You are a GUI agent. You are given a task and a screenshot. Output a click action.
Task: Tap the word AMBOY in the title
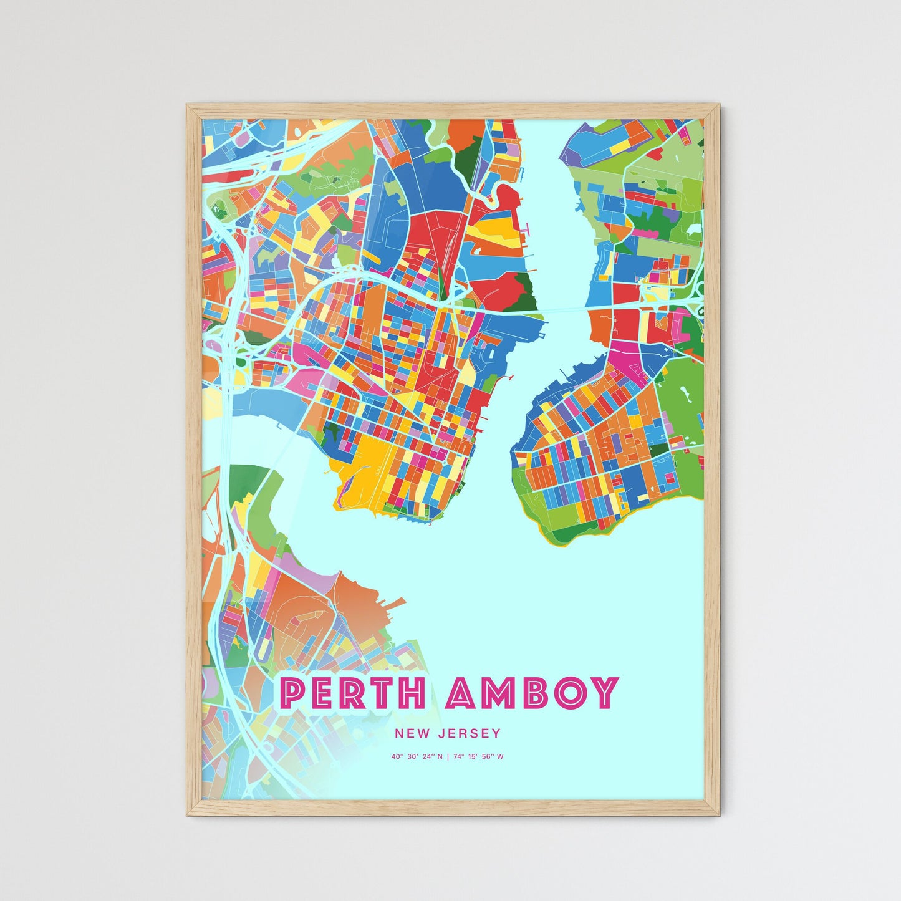(532, 693)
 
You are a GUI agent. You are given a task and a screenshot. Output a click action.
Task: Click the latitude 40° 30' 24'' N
(417, 757)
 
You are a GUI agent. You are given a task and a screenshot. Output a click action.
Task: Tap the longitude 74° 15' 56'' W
(478, 757)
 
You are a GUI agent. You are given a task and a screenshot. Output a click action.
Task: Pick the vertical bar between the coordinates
(448, 757)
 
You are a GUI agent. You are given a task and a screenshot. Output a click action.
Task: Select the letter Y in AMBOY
(604, 693)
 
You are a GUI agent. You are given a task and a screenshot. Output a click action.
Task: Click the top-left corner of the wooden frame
(188, 105)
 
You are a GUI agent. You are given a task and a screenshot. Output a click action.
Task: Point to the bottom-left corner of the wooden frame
(188, 814)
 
